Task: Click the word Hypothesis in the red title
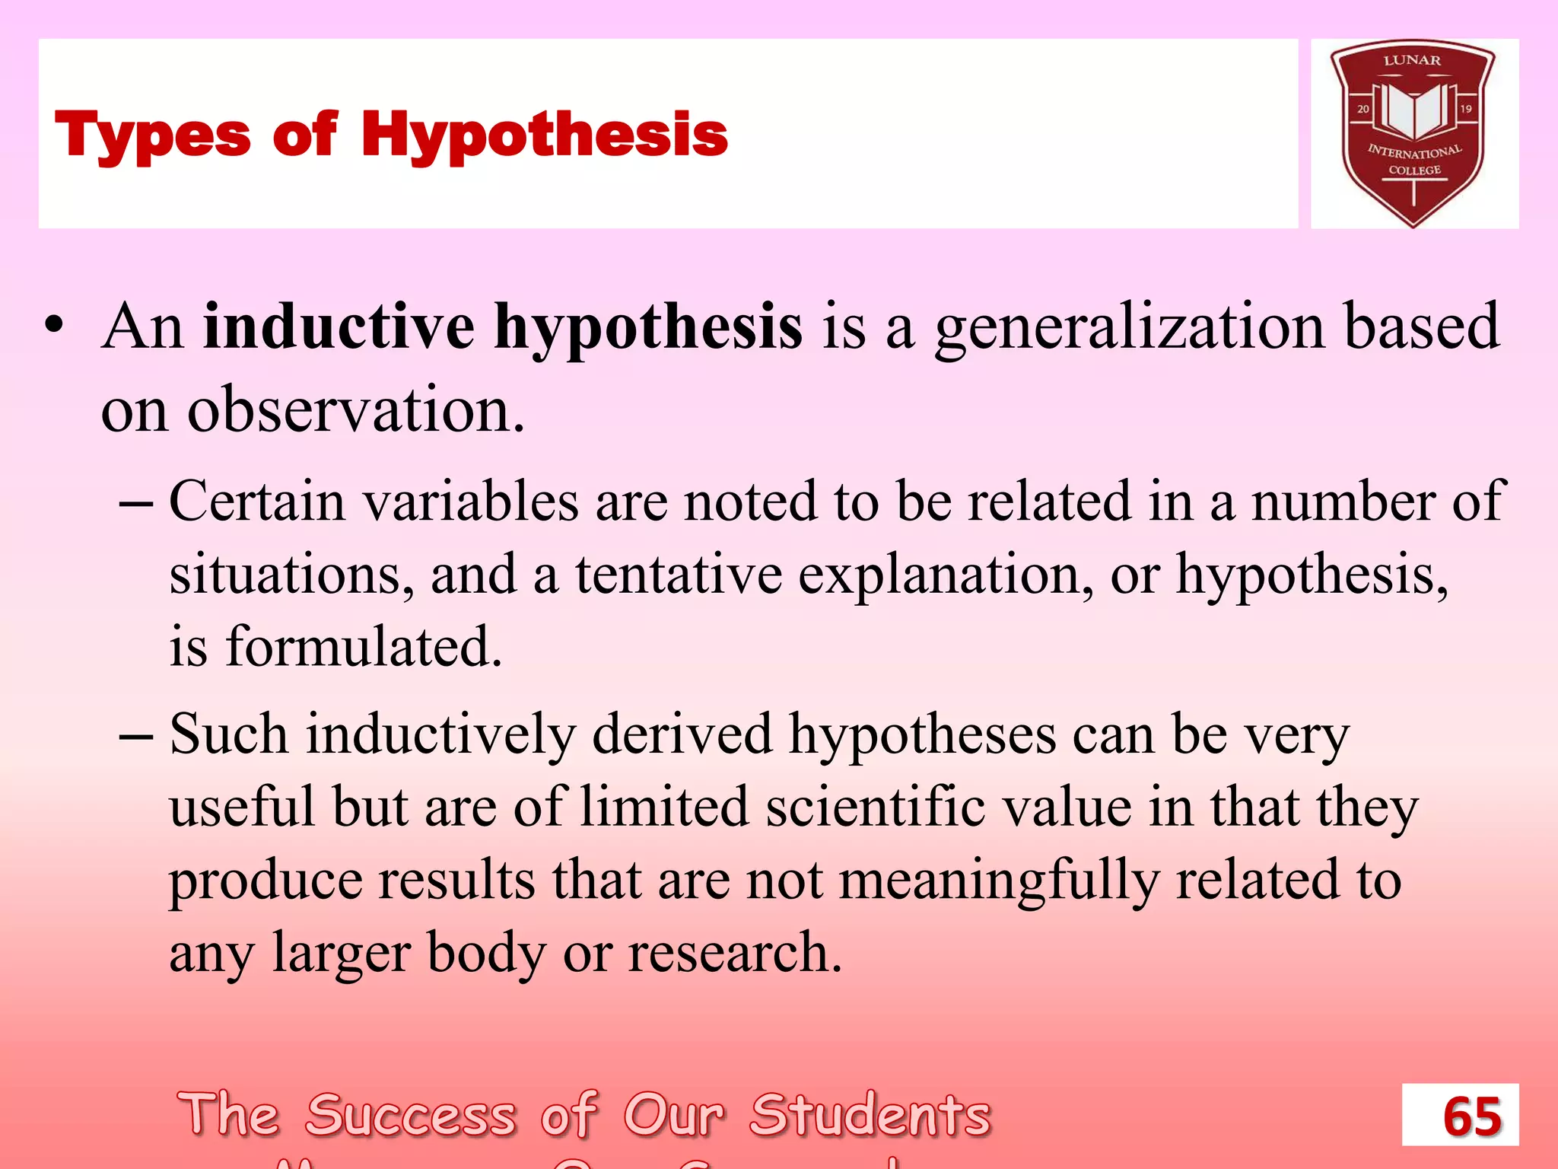pyautogui.click(x=544, y=135)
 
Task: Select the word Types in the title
pyautogui.click(x=152, y=135)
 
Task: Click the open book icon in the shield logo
pyautogui.click(x=1413, y=111)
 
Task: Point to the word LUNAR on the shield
pyautogui.click(x=1412, y=60)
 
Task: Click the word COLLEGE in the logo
pyautogui.click(x=1414, y=170)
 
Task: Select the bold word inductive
pyautogui.click(x=339, y=327)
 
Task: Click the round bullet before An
pyautogui.click(x=54, y=327)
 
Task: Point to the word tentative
pyautogui.click(x=679, y=575)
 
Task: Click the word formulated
pyautogui.click(x=364, y=647)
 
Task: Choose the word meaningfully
pyautogui.click(x=999, y=881)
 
